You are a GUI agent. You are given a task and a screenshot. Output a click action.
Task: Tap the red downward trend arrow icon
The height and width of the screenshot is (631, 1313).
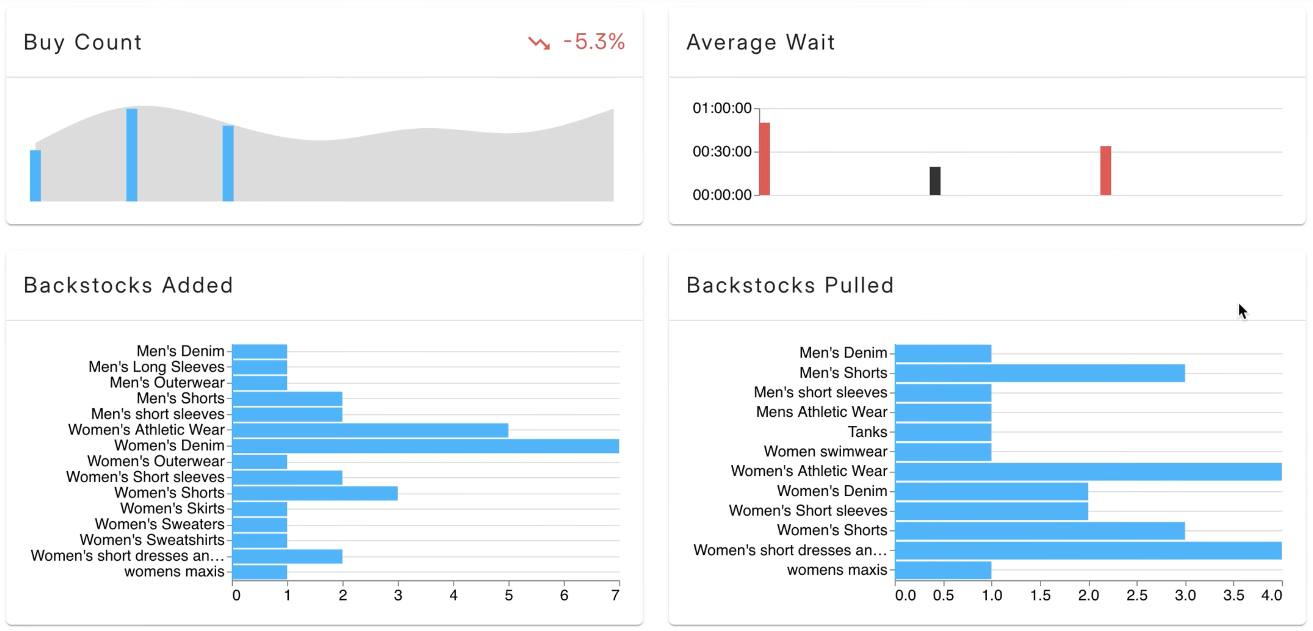point(539,43)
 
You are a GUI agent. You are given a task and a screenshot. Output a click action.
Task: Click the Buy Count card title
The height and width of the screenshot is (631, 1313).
point(82,42)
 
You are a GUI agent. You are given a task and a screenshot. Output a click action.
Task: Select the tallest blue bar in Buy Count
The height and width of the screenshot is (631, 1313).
point(132,155)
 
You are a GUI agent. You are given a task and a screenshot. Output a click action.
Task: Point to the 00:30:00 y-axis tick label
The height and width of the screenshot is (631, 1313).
point(722,151)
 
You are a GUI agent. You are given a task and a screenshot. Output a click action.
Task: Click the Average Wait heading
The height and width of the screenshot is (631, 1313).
point(760,42)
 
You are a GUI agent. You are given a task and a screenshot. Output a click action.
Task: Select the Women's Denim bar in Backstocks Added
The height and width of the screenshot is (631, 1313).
point(426,446)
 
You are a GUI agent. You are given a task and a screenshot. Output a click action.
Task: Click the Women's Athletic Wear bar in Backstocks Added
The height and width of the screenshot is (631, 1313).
point(370,430)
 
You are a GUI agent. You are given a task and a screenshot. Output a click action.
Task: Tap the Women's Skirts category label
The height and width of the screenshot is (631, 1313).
point(172,508)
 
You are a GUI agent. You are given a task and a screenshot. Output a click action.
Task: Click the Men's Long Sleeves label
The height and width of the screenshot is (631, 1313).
point(156,366)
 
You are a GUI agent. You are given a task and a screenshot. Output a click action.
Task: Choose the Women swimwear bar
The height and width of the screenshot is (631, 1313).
point(943,452)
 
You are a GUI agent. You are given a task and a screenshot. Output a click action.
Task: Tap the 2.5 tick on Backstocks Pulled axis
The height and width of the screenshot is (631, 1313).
point(1137,595)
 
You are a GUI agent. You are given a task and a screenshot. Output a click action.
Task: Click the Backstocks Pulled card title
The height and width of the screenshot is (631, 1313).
point(790,285)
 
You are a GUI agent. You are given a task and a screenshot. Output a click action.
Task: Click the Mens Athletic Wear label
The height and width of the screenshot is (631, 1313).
point(822,412)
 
